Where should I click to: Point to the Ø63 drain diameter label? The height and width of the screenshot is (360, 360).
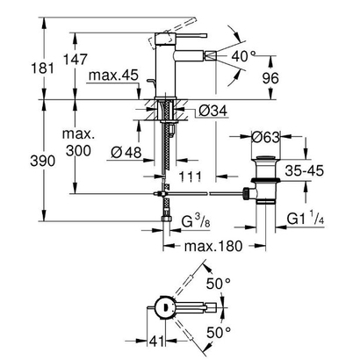[x=266, y=137]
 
